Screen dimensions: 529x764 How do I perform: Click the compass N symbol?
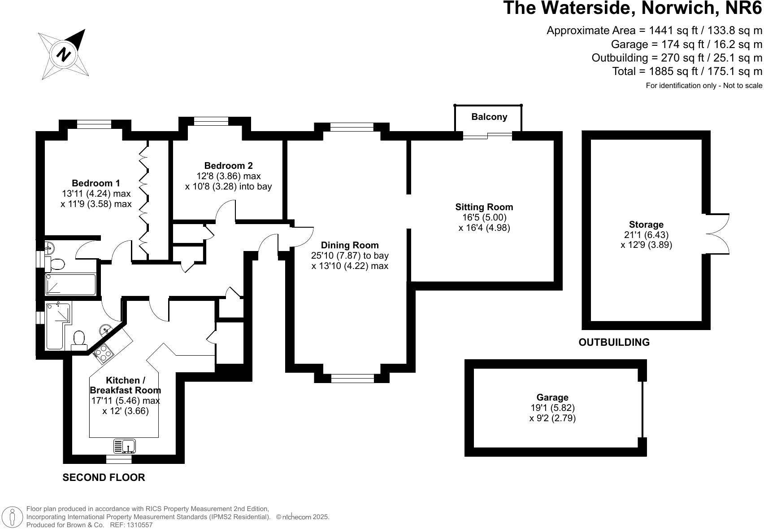coord(64,54)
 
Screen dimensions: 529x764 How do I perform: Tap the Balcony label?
coord(489,117)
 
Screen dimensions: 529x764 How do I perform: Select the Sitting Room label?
coord(484,207)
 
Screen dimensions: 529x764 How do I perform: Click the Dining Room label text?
coord(350,245)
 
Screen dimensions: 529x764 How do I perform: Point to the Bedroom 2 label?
coord(228,166)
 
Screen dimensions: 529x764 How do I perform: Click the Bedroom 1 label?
coord(96,183)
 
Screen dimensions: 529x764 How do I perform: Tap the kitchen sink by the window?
coord(125,446)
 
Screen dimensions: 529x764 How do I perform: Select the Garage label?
coord(552,397)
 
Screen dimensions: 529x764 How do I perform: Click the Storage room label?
coord(646,225)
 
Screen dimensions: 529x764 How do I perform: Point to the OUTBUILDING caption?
coord(614,342)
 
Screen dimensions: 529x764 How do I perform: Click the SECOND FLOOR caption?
coord(104,477)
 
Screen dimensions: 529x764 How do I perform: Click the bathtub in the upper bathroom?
coord(71,284)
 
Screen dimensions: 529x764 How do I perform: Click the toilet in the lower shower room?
coord(79,340)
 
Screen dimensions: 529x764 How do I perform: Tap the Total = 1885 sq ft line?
coord(687,71)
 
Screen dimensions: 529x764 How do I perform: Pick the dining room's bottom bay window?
coord(352,378)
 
